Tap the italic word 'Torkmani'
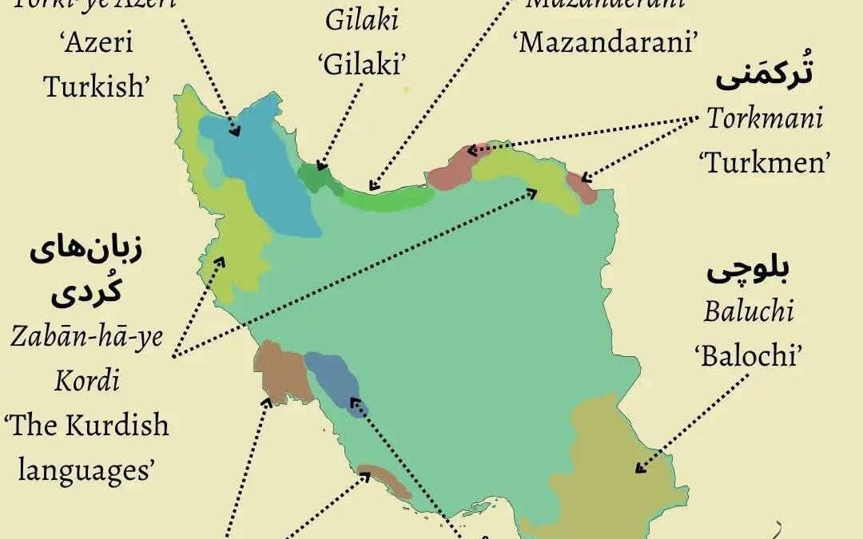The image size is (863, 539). (765, 120)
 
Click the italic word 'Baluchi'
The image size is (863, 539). (749, 311)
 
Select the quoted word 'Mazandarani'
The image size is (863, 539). (605, 42)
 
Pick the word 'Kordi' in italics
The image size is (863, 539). (87, 380)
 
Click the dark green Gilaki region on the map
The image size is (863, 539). (313, 177)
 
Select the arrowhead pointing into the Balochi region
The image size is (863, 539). (639, 469)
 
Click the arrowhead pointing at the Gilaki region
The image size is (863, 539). (320, 165)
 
